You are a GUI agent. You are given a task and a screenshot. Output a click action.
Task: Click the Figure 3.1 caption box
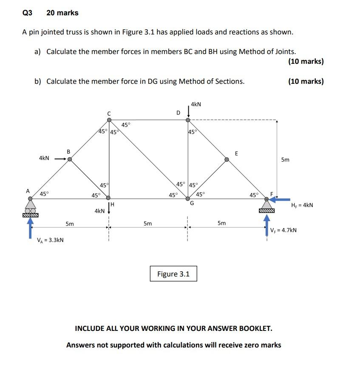pyautogui.click(x=173, y=274)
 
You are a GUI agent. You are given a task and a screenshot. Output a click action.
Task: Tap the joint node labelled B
pyautogui.click(x=70, y=159)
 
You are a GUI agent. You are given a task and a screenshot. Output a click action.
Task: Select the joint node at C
pyautogui.click(x=109, y=120)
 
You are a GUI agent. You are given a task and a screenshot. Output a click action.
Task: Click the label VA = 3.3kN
pyautogui.click(x=51, y=240)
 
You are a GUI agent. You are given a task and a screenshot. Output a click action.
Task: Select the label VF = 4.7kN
pyautogui.click(x=283, y=230)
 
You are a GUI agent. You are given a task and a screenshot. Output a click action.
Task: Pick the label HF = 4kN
pyautogui.click(x=302, y=205)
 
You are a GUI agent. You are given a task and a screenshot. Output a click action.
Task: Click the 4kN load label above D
pyautogui.click(x=196, y=104)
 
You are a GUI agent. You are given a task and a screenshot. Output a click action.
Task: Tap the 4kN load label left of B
pyautogui.click(x=44, y=158)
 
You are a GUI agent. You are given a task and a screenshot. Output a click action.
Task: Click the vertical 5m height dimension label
pyautogui.click(x=285, y=160)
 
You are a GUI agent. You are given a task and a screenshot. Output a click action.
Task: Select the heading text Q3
pyautogui.click(x=27, y=13)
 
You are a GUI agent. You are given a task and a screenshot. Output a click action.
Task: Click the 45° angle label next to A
pyautogui.click(x=44, y=194)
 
